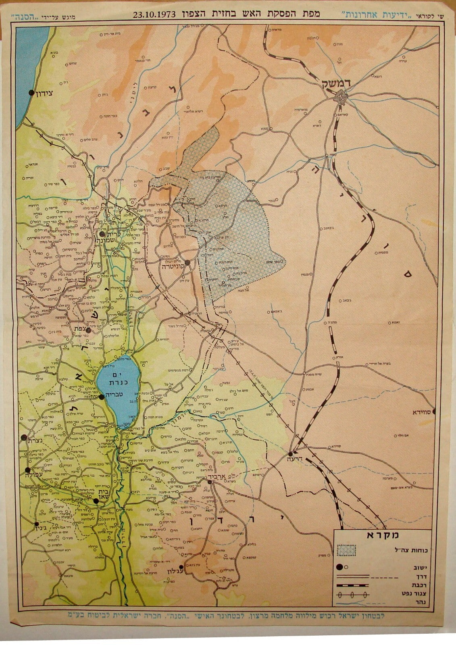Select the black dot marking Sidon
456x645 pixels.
(31, 92)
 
